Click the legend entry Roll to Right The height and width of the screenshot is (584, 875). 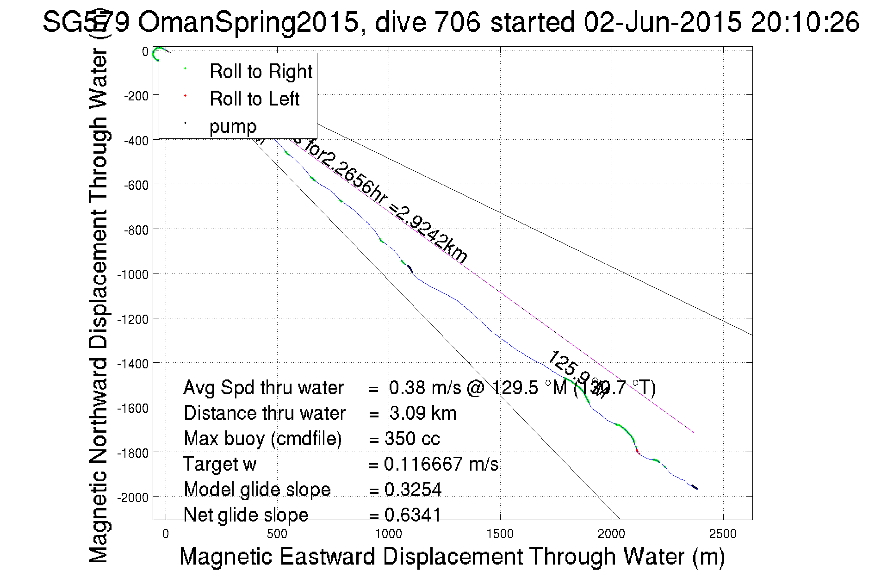(261, 72)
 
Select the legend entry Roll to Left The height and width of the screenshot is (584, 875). (254, 99)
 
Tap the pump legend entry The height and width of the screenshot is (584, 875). (232, 126)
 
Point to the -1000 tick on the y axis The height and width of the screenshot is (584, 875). (133, 274)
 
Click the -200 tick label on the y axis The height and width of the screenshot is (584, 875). (136, 96)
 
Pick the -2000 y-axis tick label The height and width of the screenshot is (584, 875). (133, 497)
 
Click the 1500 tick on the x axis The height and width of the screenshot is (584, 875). (500, 534)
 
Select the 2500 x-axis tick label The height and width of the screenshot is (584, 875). (722, 534)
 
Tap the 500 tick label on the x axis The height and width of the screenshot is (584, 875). (277, 534)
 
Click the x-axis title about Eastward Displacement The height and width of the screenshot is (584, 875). (452, 556)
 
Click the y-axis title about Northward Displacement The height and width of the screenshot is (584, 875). (98, 305)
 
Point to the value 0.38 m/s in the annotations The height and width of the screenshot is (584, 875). (425, 388)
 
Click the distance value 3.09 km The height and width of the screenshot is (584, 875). (422, 413)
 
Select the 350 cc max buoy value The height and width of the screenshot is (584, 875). (412, 439)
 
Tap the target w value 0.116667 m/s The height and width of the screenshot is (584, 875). (441, 464)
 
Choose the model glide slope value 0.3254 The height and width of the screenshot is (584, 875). (413, 490)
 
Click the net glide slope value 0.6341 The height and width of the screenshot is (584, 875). (413, 515)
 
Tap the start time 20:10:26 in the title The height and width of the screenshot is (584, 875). (805, 22)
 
